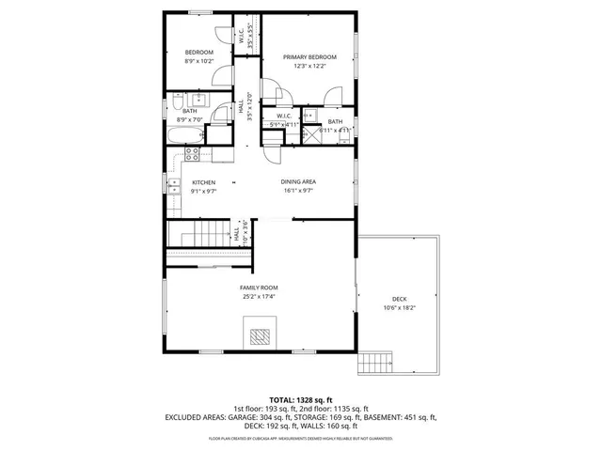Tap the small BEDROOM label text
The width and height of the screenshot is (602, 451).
point(198,52)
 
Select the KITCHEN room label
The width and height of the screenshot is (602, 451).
point(203,182)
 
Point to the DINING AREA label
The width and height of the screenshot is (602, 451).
point(297,182)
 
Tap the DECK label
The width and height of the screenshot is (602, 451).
point(399,300)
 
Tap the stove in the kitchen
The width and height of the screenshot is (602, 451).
point(192,154)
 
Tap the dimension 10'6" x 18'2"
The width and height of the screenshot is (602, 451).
point(399,308)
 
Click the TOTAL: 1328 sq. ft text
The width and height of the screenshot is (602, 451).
point(301,399)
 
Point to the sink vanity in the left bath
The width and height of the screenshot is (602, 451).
point(199,99)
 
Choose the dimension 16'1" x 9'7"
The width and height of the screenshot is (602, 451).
point(297,191)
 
